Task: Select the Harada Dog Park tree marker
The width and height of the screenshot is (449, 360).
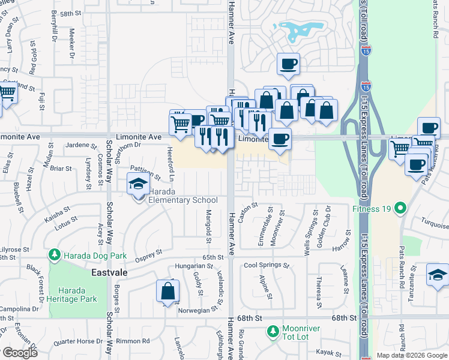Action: pyautogui.click(x=55, y=256)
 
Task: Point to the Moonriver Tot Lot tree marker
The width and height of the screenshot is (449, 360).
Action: pyautogui.click(x=273, y=331)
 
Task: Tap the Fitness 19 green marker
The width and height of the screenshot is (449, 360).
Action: pyautogui.click(x=399, y=209)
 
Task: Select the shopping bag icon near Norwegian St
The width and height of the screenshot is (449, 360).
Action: pyautogui.click(x=168, y=291)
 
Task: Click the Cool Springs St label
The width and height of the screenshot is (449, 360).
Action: pyautogui.click(x=267, y=265)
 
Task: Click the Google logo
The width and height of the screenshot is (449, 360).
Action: pyautogui.click(x=19, y=353)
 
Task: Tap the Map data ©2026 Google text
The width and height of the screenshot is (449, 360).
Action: pyautogui.click(x=412, y=355)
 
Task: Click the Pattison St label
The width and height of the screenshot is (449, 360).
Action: pyautogui.click(x=146, y=174)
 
